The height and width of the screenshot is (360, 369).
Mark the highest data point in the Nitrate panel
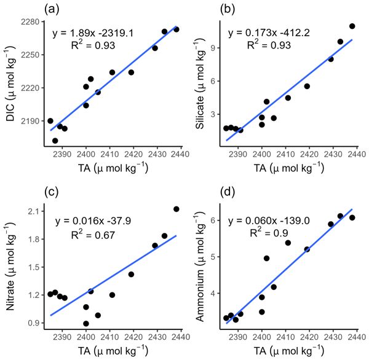177,209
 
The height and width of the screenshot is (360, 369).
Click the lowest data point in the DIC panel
55,141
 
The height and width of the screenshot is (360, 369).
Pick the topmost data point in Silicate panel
352,26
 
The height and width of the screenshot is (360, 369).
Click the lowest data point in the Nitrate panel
86,324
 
